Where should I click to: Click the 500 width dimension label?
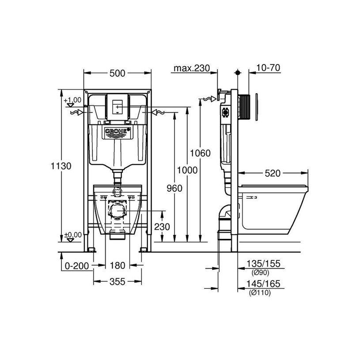point(117,73)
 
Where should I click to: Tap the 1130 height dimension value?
point(61,166)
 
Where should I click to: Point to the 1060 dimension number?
point(200,153)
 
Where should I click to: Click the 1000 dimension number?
point(187,171)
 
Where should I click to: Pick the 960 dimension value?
point(174,189)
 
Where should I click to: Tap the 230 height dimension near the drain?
point(162,227)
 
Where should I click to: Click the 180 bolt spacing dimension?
point(117,265)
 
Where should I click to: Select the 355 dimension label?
point(117,282)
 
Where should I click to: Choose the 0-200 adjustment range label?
point(77,266)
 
